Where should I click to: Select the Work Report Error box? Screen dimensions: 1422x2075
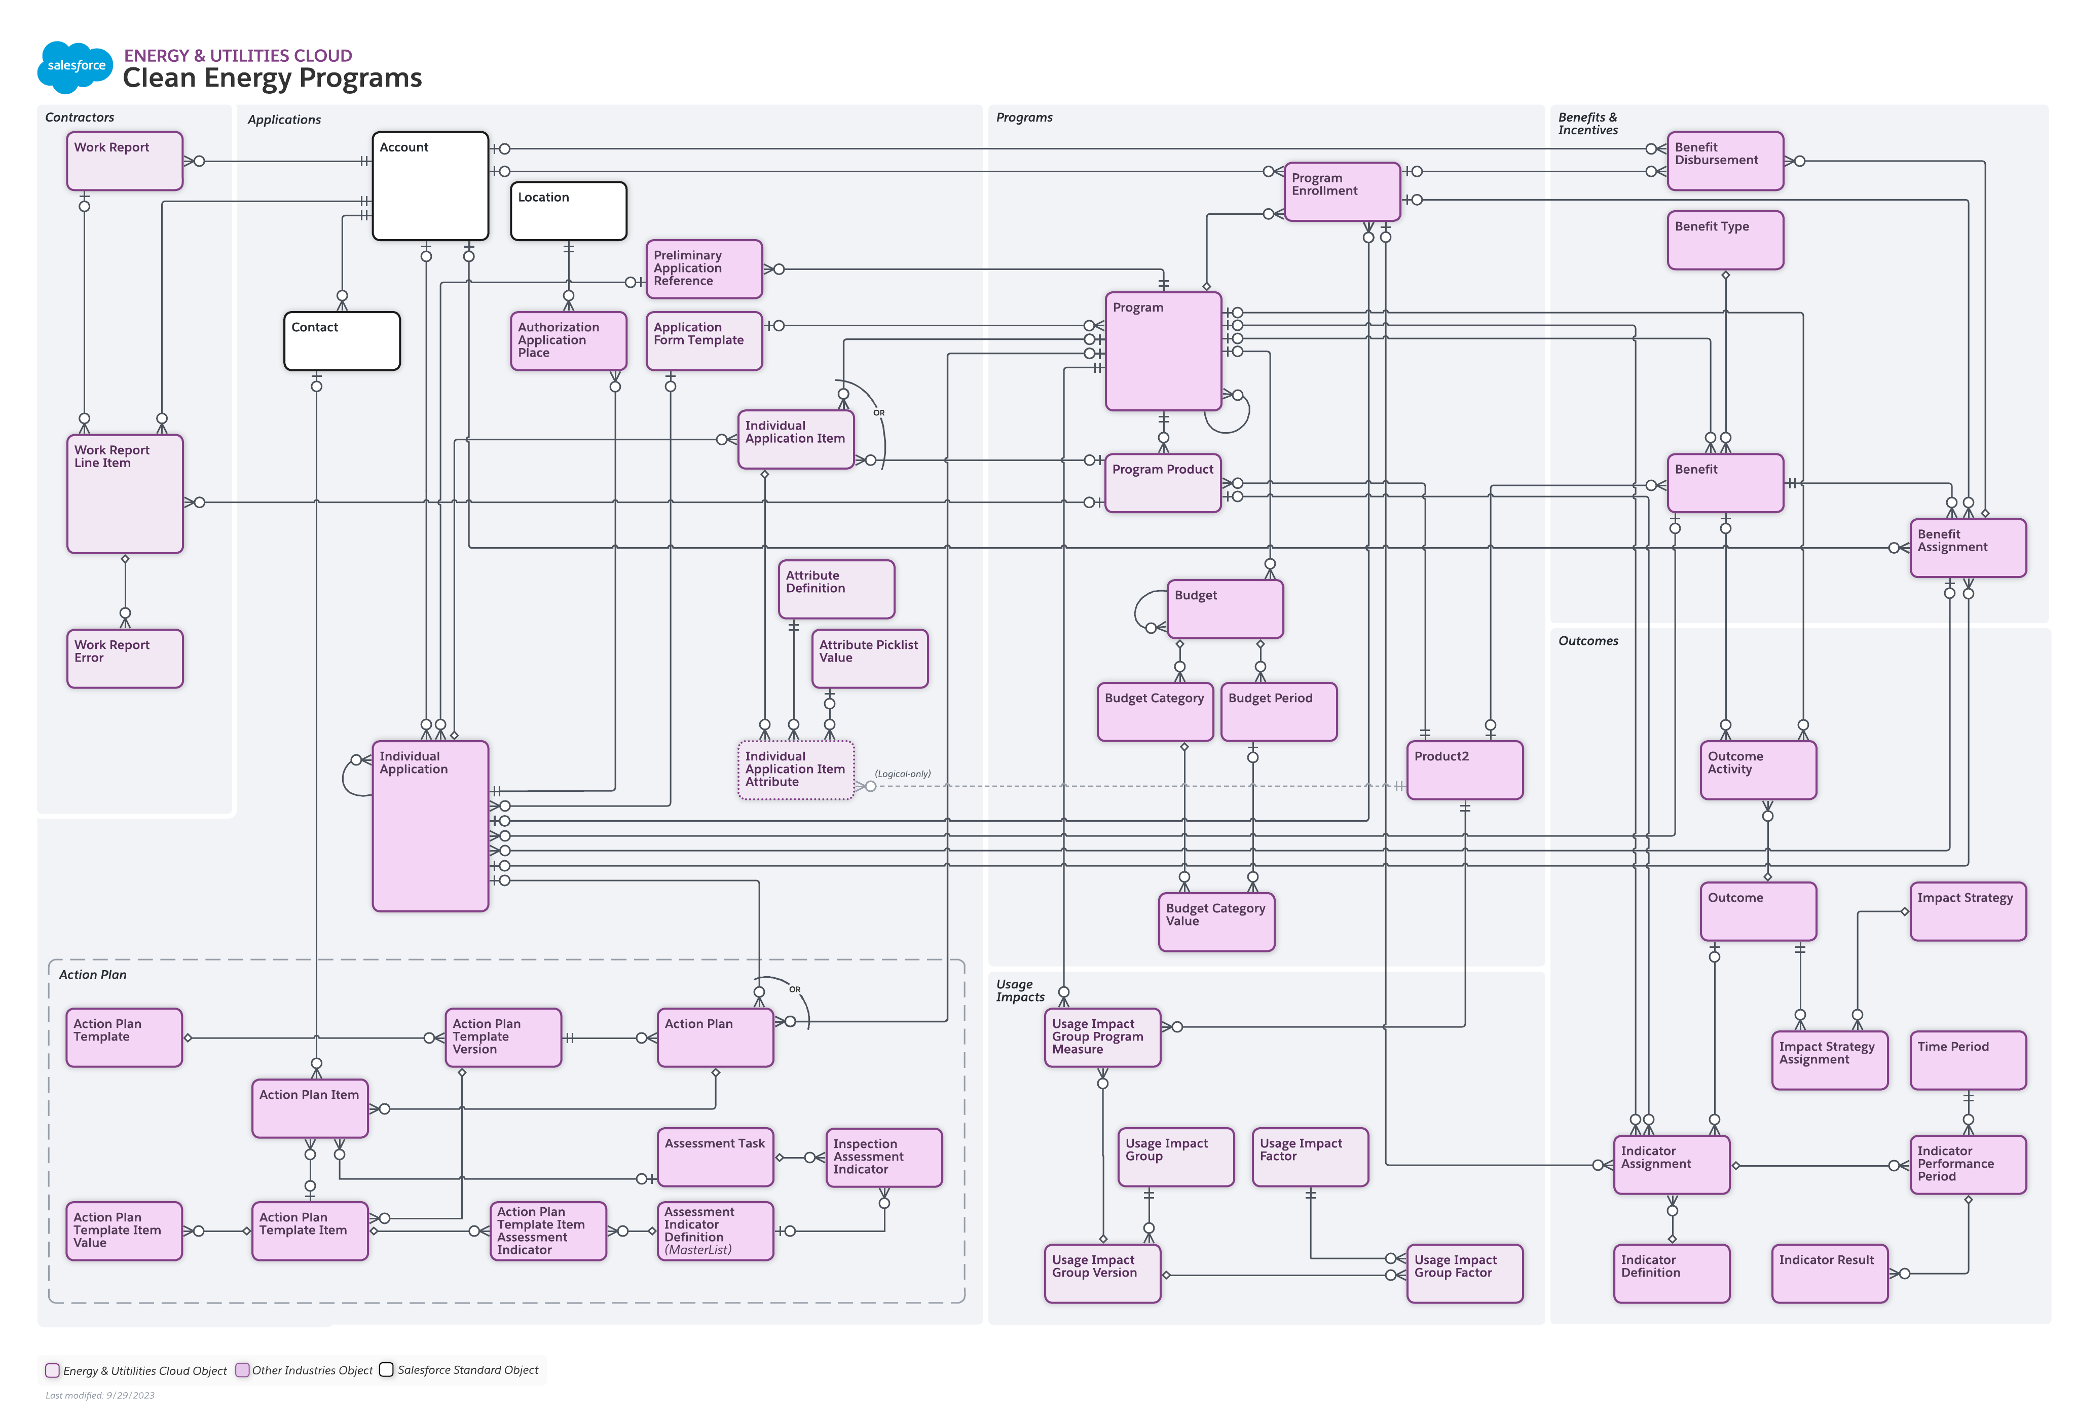pos(125,659)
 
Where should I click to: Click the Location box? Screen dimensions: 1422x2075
pos(569,211)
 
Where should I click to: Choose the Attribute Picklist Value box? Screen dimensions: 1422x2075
pos(870,659)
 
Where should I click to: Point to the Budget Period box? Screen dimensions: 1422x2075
pos(1279,711)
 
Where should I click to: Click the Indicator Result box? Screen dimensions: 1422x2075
pos(1830,1273)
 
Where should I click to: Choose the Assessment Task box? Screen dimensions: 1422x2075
pos(715,1157)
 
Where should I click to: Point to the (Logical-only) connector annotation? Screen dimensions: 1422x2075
pos(903,774)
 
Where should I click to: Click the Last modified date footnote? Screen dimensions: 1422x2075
pos(100,1395)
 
